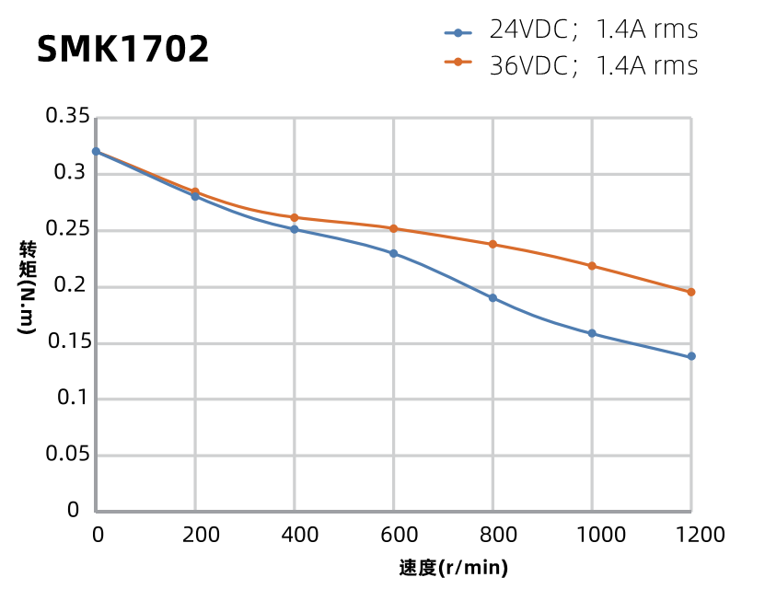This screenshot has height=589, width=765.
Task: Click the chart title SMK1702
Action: click(123, 50)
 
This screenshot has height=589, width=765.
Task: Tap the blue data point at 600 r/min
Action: click(394, 253)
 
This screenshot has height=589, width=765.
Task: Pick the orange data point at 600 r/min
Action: click(394, 228)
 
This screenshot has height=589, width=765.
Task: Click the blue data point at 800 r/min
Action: click(493, 298)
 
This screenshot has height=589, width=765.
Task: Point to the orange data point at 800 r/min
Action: click(493, 244)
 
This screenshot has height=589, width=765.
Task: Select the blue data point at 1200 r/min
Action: click(691, 356)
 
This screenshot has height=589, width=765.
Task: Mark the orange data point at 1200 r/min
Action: click(691, 292)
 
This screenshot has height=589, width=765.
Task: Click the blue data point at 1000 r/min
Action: click(592, 333)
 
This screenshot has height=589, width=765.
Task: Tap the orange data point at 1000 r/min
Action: click(592, 266)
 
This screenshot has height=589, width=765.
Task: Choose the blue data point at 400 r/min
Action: click(295, 229)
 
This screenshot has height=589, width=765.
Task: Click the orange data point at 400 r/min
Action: click(295, 217)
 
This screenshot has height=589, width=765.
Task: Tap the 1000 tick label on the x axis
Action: click(592, 535)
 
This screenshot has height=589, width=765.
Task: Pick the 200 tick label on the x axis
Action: click(195, 535)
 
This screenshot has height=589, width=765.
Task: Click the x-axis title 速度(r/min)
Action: click(454, 568)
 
